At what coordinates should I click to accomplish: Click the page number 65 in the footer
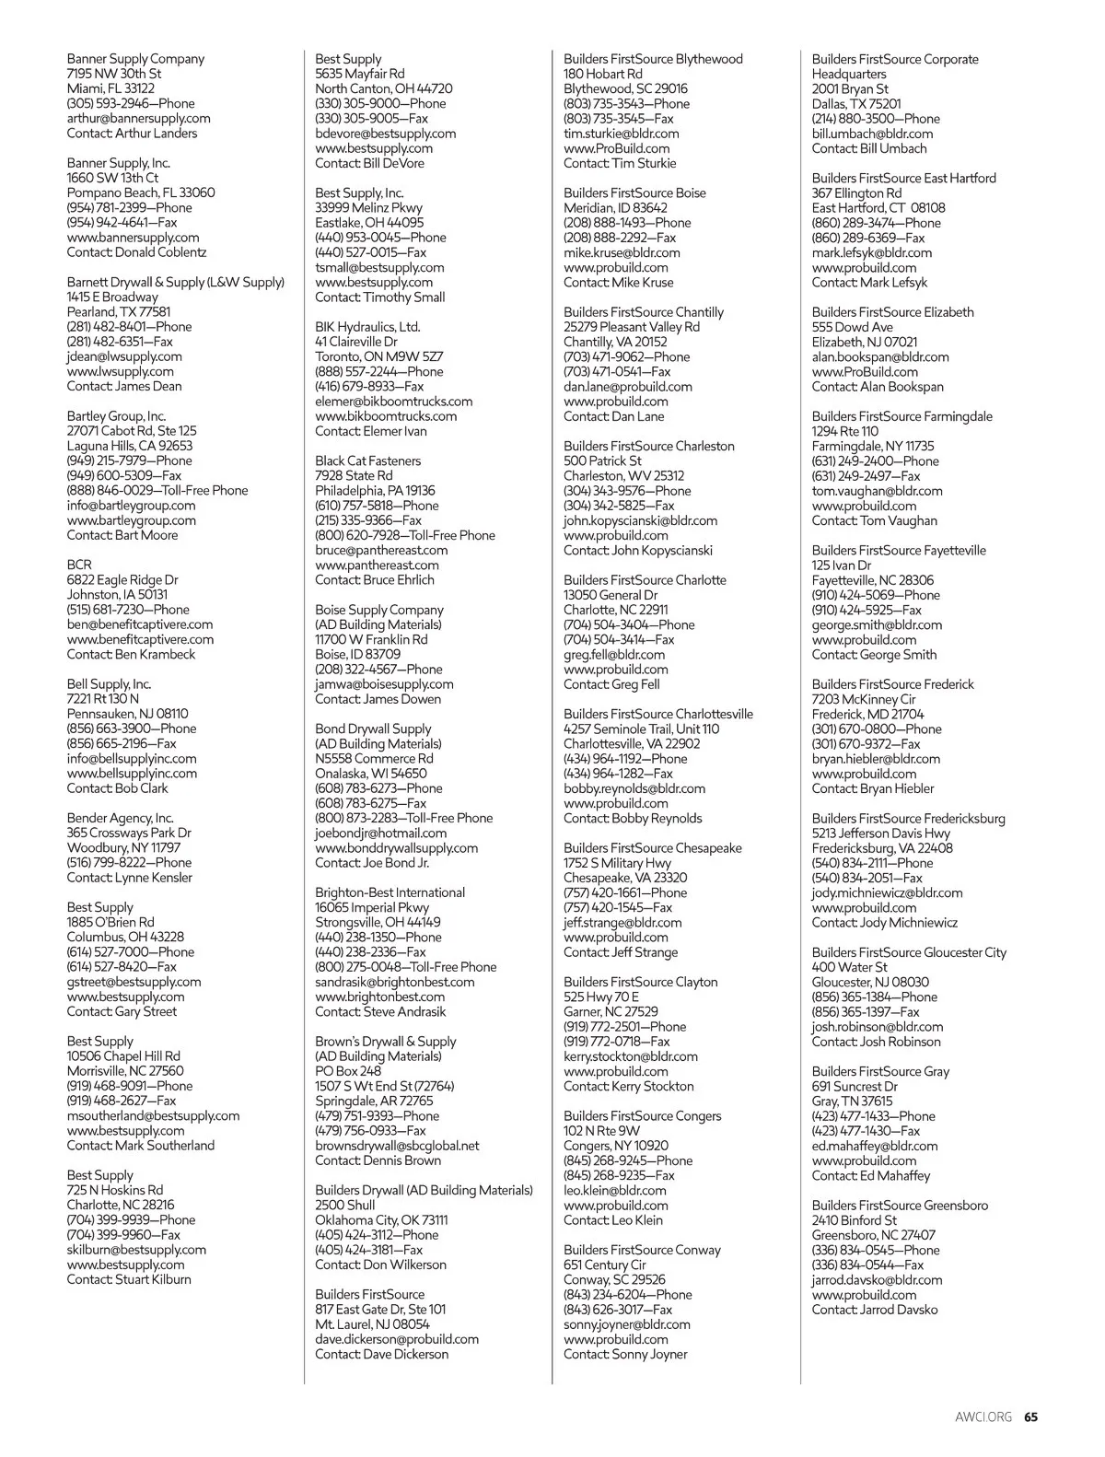(x=1031, y=1417)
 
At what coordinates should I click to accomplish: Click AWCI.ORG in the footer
(x=983, y=1417)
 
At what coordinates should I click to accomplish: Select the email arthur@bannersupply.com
(x=138, y=118)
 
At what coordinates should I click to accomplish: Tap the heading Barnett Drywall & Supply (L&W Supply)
(x=175, y=282)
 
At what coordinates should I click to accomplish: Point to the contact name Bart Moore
(x=146, y=534)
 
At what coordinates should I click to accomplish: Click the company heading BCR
(x=79, y=565)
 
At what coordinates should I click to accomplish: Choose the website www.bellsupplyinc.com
(x=132, y=773)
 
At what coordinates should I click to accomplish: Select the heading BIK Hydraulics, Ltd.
(x=367, y=327)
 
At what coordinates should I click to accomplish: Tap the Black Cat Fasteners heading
(x=367, y=460)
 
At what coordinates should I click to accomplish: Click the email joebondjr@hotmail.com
(x=380, y=833)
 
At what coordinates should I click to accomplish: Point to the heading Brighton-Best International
(x=390, y=892)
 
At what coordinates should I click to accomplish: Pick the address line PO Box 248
(x=348, y=1071)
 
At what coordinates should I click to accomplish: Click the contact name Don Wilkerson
(x=404, y=1265)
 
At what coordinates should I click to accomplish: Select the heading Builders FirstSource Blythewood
(x=653, y=59)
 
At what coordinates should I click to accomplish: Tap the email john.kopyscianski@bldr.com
(x=640, y=520)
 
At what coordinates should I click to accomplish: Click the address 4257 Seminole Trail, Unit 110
(x=641, y=728)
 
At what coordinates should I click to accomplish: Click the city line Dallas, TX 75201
(x=856, y=104)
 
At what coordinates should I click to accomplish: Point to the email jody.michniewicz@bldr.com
(x=887, y=892)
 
